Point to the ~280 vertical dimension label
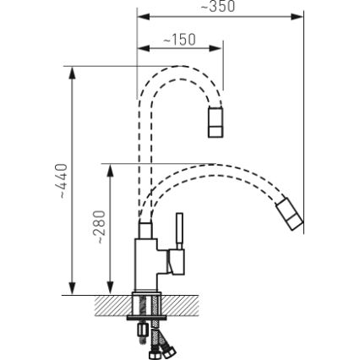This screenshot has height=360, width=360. (101, 227)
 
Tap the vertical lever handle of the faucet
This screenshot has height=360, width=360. (179, 231)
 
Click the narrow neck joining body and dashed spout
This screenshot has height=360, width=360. (145, 226)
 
